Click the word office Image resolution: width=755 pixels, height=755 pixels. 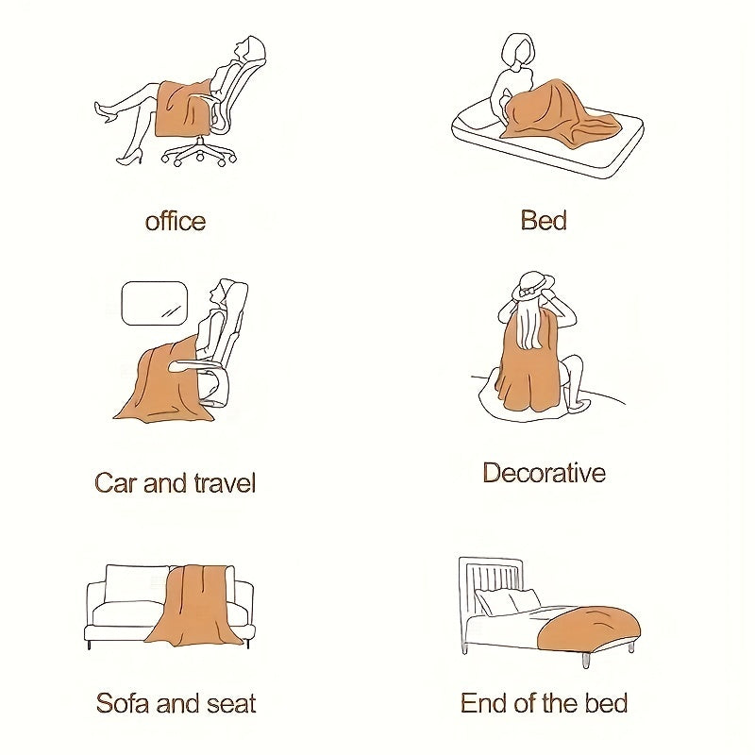pyautogui.click(x=175, y=222)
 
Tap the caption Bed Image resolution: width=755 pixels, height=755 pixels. pyautogui.click(x=544, y=221)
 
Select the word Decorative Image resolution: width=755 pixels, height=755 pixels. pyautogui.click(x=544, y=473)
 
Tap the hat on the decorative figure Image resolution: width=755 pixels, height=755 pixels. pyautogui.click(x=532, y=282)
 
